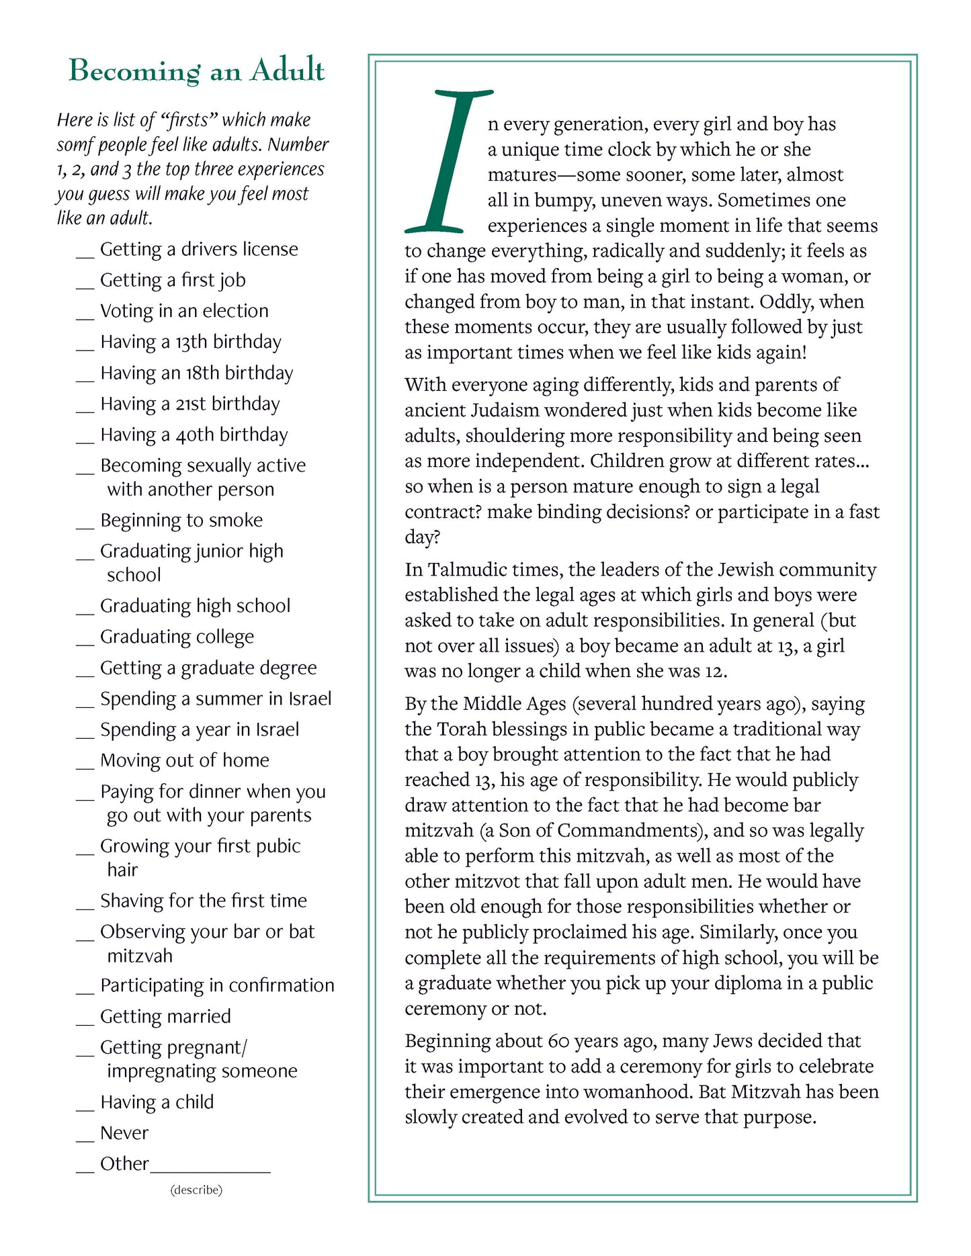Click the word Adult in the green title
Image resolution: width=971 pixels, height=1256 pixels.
click(x=287, y=70)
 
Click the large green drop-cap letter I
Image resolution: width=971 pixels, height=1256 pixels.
click(x=447, y=161)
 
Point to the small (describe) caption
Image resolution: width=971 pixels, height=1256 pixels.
click(x=196, y=1190)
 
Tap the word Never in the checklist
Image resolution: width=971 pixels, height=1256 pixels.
click(x=124, y=1133)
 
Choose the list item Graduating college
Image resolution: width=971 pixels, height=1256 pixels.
click(x=177, y=637)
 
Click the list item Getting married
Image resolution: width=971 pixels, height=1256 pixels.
click(x=165, y=1017)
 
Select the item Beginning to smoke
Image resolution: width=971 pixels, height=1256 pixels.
click(x=181, y=521)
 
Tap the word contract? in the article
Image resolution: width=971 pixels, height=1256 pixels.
click(x=443, y=512)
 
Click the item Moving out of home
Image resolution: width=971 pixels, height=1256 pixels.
click(x=185, y=760)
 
